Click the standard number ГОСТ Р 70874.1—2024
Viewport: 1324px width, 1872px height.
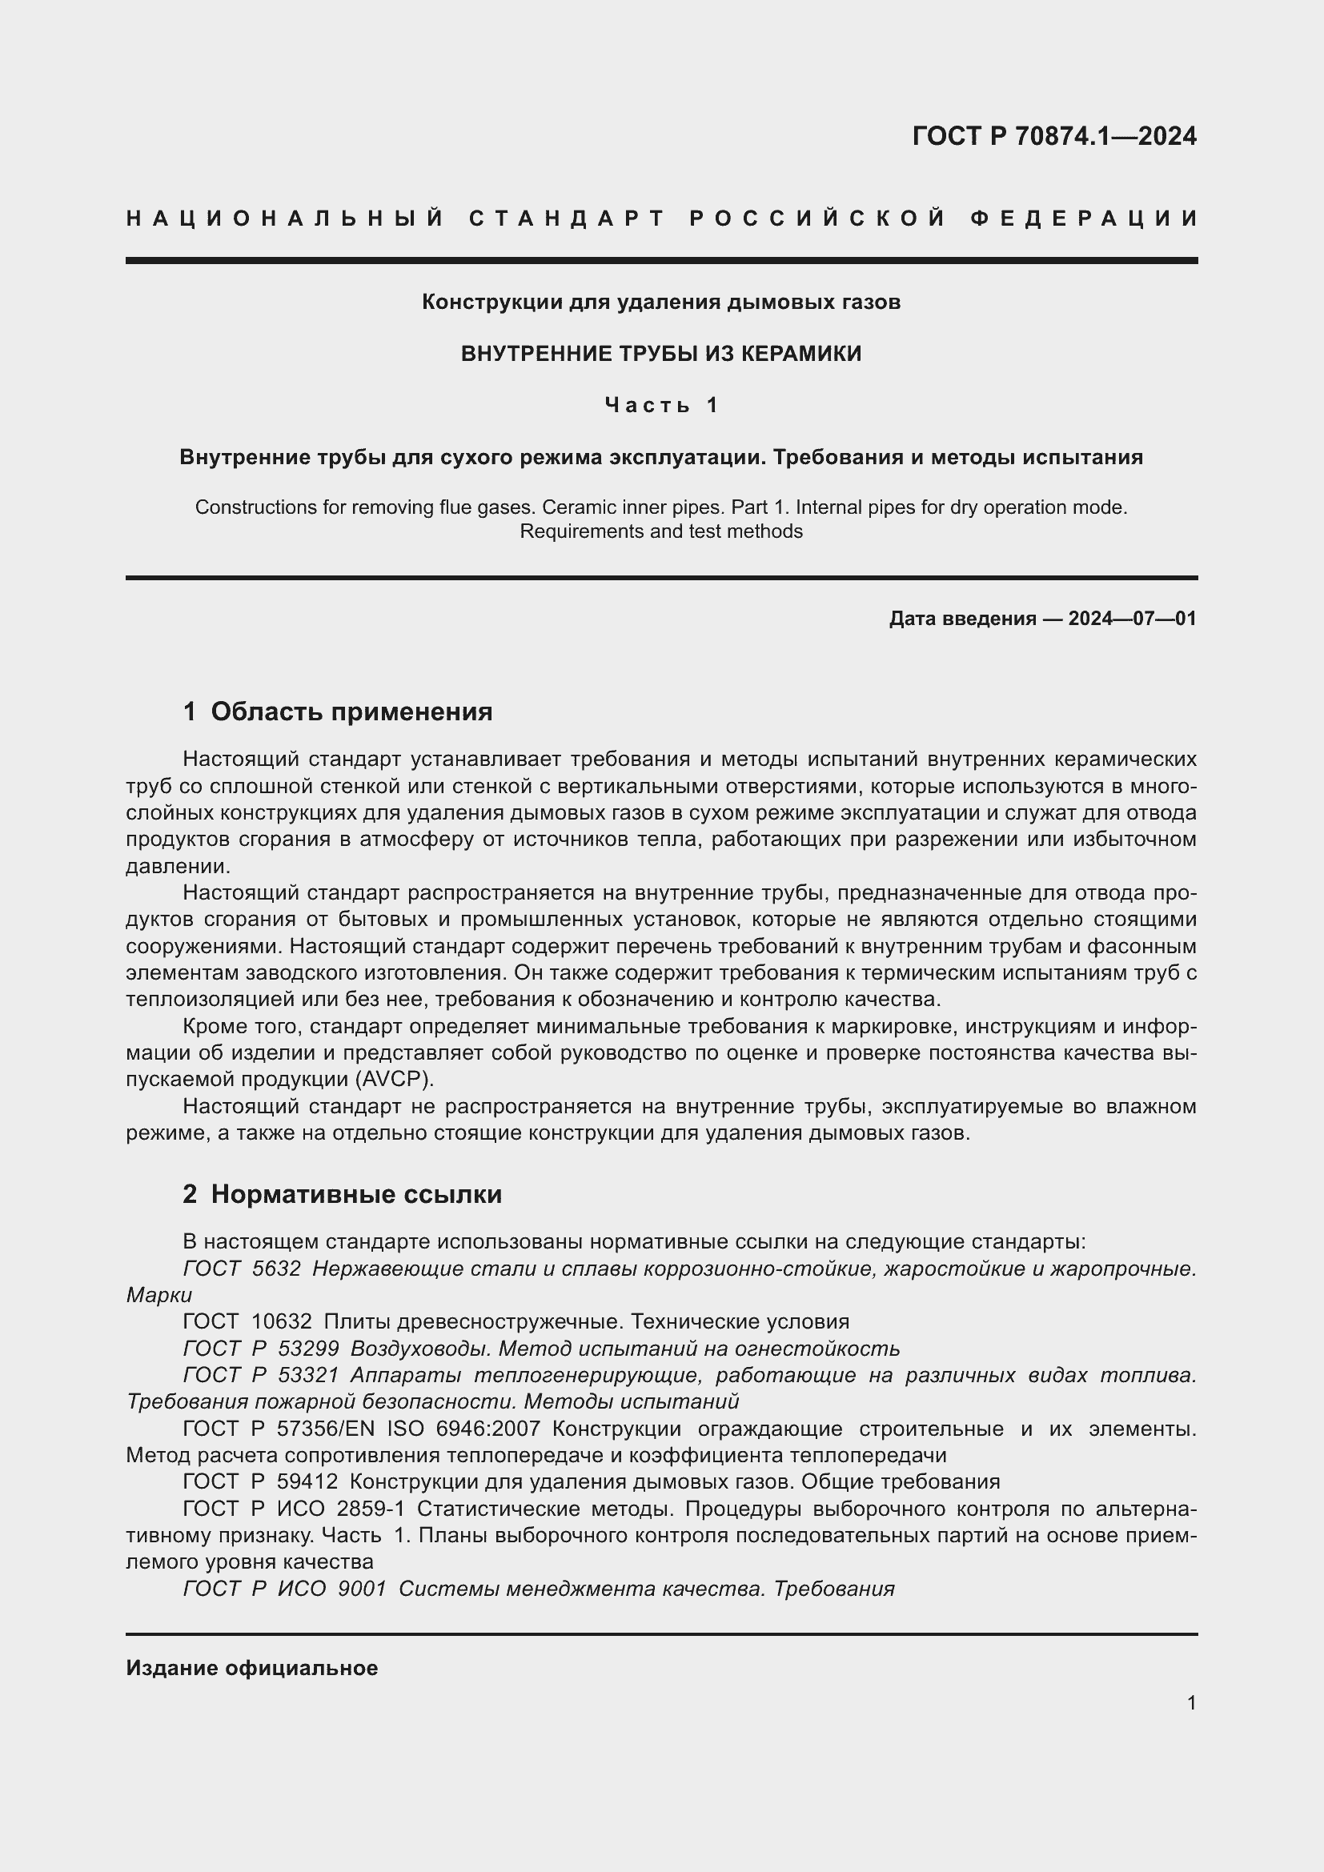(x=1054, y=135)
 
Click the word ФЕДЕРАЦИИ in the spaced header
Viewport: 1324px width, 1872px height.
(x=1084, y=218)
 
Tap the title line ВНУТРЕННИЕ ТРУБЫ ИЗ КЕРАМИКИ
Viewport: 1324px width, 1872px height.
(x=661, y=354)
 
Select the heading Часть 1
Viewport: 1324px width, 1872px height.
(x=661, y=405)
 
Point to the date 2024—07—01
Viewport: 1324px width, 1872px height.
(x=1132, y=619)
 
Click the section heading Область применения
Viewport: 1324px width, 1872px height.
(x=351, y=712)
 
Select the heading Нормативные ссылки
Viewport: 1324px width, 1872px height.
(x=356, y=1194)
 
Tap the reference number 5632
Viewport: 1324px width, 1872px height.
(x=276, y=1269)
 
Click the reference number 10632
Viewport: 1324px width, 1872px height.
(x=281, y=1321)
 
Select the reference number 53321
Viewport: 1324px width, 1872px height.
(x=308, y=1376)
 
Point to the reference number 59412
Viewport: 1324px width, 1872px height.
(x=307, y=1481)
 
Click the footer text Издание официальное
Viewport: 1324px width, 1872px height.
(x=252, y=1668)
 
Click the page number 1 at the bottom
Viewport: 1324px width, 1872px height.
(x=1191, y=1703)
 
